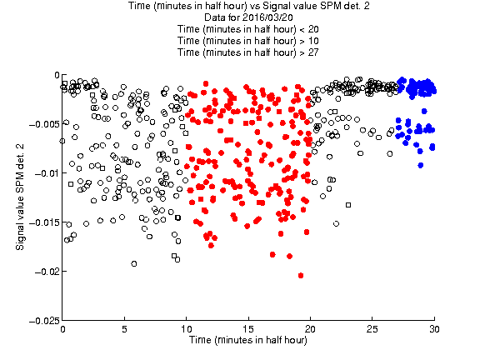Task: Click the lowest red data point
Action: (301, 276)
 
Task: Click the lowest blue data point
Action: (421, 165)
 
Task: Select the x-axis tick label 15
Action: (248, 329)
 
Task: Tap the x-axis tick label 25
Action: (372, 329)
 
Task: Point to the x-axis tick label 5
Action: (124, 329)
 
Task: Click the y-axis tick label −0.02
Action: (46, 272)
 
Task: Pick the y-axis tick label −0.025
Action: (44, 321)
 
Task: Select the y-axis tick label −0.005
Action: (44, 124)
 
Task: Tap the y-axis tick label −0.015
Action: (44, 222)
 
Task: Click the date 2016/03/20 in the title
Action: (267, 17)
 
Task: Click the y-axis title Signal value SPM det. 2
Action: (20, 197)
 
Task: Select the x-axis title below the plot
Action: (248, 340)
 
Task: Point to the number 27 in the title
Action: (313, 52)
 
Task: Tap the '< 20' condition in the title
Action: (309, 29)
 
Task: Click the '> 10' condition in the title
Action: (309, 41)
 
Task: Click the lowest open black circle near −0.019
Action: (134, 263)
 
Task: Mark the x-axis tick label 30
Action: (434, 329)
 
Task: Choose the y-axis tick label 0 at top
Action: (57, 75)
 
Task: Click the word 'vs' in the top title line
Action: (256, 6)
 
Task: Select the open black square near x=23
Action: (348, 205)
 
